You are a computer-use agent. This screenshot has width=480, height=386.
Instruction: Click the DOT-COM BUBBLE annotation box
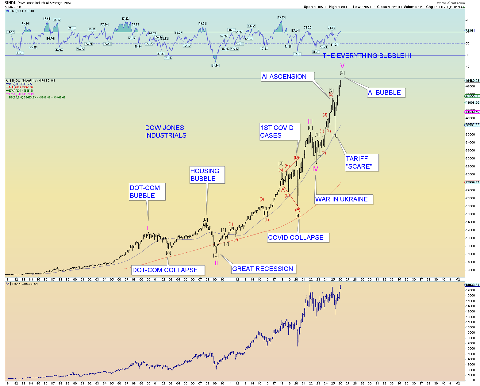point(147,192)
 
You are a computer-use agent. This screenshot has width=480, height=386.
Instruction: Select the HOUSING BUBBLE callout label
point(207,175)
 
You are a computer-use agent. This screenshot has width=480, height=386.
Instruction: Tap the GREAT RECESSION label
point(263,269)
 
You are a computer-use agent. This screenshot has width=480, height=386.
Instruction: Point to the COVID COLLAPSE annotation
point(298,238)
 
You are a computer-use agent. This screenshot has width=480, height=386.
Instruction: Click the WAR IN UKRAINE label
point(343,199)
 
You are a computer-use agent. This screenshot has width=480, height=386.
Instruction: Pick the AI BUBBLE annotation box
point(386,93)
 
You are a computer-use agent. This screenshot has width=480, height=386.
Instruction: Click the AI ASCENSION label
point(287,77)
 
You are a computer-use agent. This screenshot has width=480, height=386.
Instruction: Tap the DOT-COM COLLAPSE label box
point(167,270)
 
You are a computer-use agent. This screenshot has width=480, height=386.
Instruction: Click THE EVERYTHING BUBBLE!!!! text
point(367,56)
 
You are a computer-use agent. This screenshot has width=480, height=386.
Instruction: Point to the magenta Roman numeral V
point(342,66)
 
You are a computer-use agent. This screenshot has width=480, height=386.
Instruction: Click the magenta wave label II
point(216,263)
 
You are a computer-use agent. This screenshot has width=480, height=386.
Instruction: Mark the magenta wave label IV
point(315,169)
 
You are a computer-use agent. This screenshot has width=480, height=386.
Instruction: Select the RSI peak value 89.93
point(281,17)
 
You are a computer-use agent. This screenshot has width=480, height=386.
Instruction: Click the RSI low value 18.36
point(215,65)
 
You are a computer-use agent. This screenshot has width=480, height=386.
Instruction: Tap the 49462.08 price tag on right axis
point(472,81)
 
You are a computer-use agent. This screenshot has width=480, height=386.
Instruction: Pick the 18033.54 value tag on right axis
point(472,285)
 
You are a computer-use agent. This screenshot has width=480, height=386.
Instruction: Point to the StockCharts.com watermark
point(451,3)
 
